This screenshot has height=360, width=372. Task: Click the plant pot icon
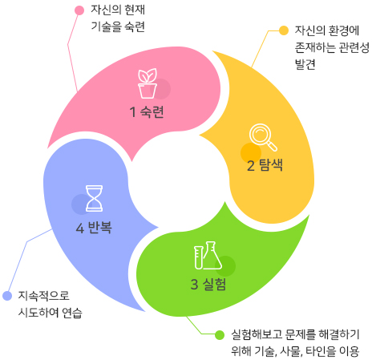(x=148, y=83)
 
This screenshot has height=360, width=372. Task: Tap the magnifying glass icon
(x=263, y=137)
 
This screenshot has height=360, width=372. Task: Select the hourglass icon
(x=94, y=198)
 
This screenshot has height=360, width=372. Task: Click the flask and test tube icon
(x=208, y=255)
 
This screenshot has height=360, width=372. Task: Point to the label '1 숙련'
(x=147, y=111)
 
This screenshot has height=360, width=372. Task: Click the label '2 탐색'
(x=265, y=165)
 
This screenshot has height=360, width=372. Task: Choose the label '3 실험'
(x=208, y=284)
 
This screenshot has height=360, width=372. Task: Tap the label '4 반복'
(x=94, y=228)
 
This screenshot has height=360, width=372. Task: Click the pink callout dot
(x=79, y=10)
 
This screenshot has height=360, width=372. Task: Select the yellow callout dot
(x=284, y=30)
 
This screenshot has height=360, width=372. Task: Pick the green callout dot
(x=220, y=335)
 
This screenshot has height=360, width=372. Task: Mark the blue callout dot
(x=7, y=296)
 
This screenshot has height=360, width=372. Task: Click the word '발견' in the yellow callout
(x=305, y=64)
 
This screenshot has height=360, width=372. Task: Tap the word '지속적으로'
(x=44, y=296)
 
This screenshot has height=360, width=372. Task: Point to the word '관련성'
(x=354, y=47)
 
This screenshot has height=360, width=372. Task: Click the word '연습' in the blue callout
(x=72, y=313)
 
